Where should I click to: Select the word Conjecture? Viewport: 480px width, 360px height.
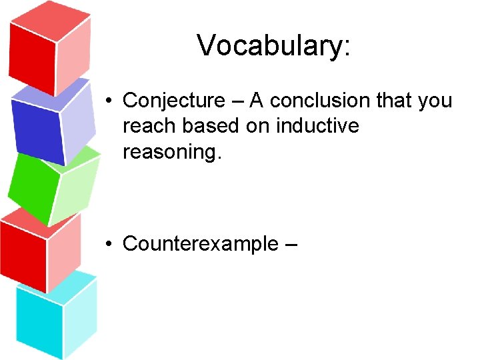[174, 101]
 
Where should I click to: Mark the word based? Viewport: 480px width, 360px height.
[210, 126]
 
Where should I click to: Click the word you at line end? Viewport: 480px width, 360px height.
[435, 101]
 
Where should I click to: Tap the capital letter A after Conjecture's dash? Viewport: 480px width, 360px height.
[257, 101]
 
